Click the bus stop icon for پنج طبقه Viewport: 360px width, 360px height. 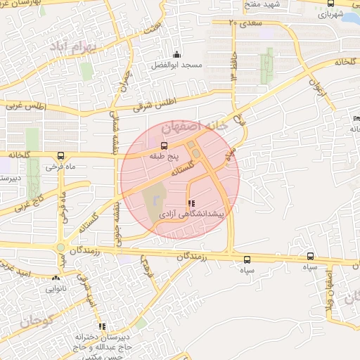[155, 145]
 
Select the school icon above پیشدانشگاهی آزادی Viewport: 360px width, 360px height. [192, 203]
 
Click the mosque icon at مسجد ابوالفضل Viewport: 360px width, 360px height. [176, 55]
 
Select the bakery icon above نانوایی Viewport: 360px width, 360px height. [56, 278]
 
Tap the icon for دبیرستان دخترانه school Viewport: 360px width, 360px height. [102, 326]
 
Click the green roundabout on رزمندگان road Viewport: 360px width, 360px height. [61, 247]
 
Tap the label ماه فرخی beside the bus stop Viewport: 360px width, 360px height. [41, 167]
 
